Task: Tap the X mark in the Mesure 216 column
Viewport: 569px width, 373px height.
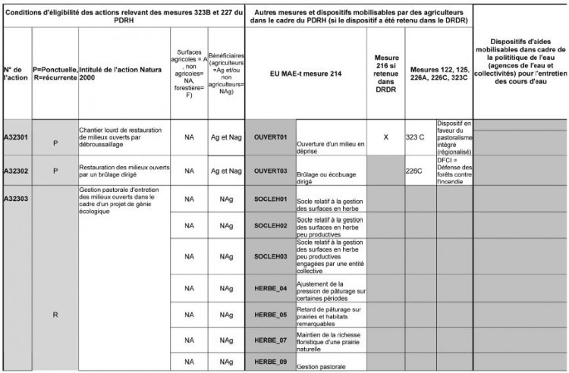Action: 386,136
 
